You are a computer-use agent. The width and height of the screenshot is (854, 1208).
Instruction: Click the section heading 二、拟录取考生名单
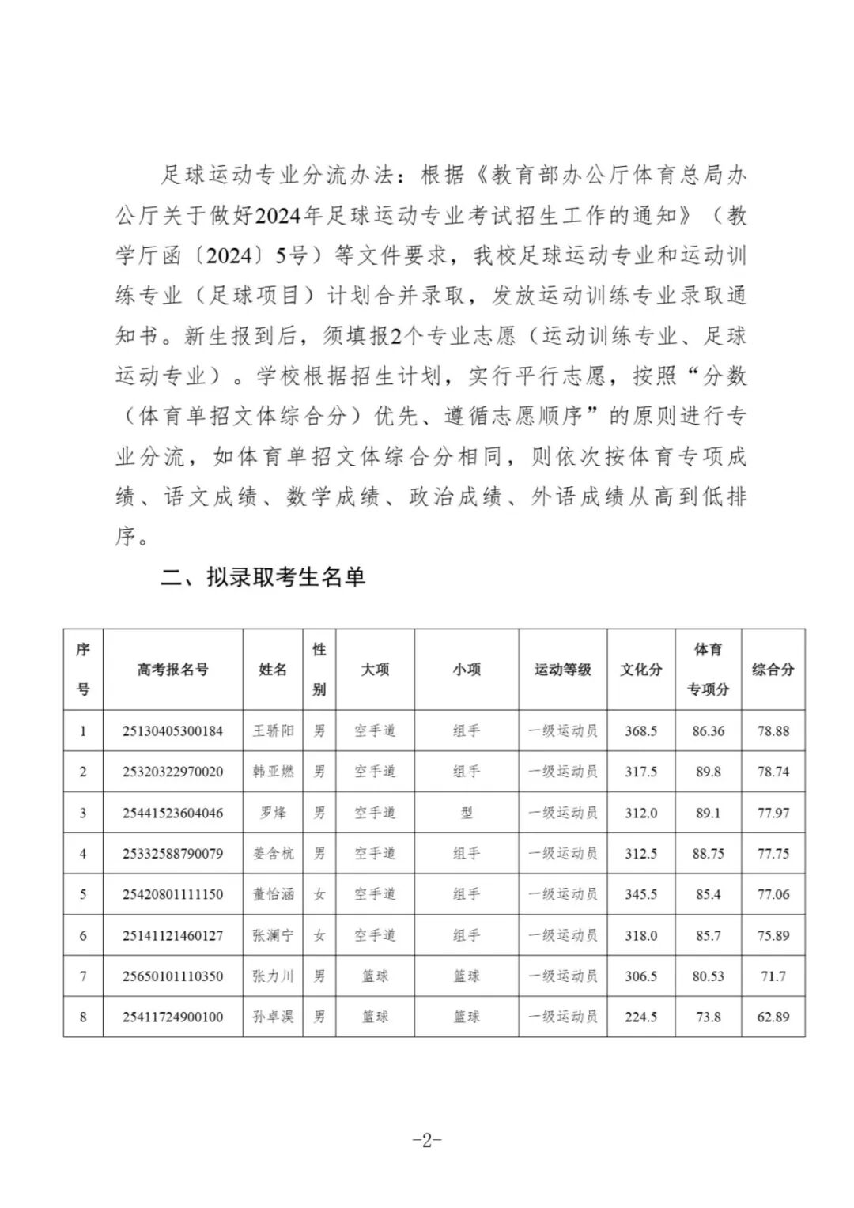(263, 577)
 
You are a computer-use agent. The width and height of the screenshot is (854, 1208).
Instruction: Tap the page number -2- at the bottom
(426, 1140)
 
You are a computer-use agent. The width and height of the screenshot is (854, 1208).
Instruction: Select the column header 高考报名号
(172, 670)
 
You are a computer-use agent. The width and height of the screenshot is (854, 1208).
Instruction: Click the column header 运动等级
(562, 670)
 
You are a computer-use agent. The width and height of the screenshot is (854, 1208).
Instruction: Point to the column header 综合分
(773, 670)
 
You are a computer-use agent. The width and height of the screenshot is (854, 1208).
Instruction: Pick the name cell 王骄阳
(273, 731)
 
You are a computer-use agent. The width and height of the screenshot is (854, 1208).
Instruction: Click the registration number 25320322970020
(172, 772)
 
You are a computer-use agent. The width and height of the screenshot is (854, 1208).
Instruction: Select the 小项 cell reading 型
(467, 813)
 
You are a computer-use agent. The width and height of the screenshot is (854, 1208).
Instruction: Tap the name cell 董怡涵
(273, 894)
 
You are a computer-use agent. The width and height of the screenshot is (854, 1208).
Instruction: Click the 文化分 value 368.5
(640, 731)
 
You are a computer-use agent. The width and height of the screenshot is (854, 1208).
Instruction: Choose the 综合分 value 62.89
(773, 1017)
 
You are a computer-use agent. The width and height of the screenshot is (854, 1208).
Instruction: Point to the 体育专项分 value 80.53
(708, 976)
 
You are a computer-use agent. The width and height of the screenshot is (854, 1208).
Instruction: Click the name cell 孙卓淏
(273, 1017)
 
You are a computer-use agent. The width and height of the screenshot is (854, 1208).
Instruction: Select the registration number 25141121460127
(172, 935)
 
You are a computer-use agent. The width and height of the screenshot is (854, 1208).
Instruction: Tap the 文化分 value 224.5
(640, 1017)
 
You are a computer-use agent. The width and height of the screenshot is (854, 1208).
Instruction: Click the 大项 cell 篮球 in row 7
(375, 976)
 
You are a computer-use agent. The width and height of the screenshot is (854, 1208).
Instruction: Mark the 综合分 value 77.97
(773, 813)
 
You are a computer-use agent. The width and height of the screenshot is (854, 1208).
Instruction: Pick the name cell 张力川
(273, 976)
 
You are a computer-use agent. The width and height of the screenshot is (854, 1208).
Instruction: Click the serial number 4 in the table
(83, 854)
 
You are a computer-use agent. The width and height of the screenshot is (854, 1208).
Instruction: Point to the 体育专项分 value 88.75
(708, 854)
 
